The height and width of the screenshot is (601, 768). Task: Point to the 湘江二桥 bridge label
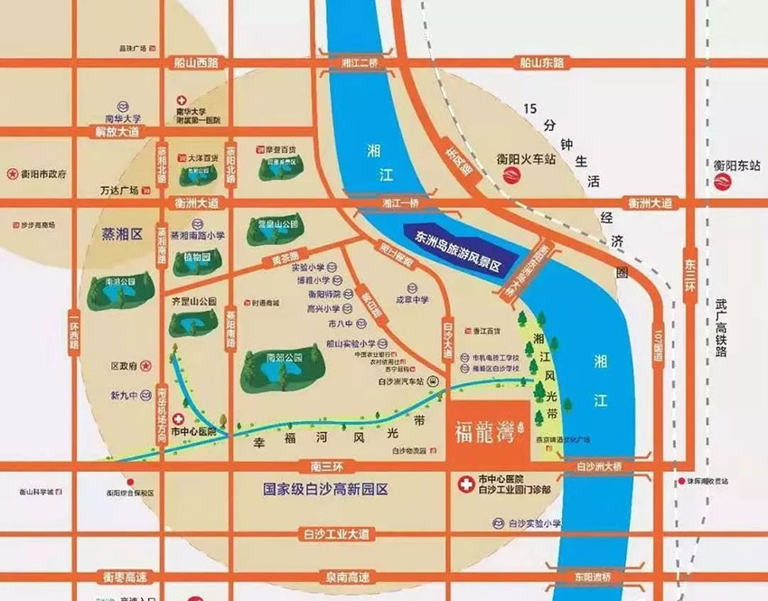351,63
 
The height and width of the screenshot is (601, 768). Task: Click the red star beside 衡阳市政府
12,172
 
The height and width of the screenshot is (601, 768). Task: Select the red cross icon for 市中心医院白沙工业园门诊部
465,483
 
